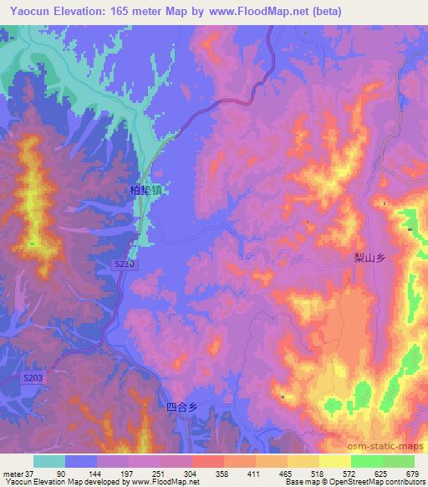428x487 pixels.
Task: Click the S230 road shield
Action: tap(123, 264)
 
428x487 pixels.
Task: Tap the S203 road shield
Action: tap(33, 379)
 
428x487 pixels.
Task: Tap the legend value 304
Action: tap(191, 474)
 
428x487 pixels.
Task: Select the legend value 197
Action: tap(128, 474)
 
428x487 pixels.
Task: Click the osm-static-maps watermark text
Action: tap(390, 450)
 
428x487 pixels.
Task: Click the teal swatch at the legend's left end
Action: tap(48, 461)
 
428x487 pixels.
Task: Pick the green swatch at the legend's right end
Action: tap(398, 461)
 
